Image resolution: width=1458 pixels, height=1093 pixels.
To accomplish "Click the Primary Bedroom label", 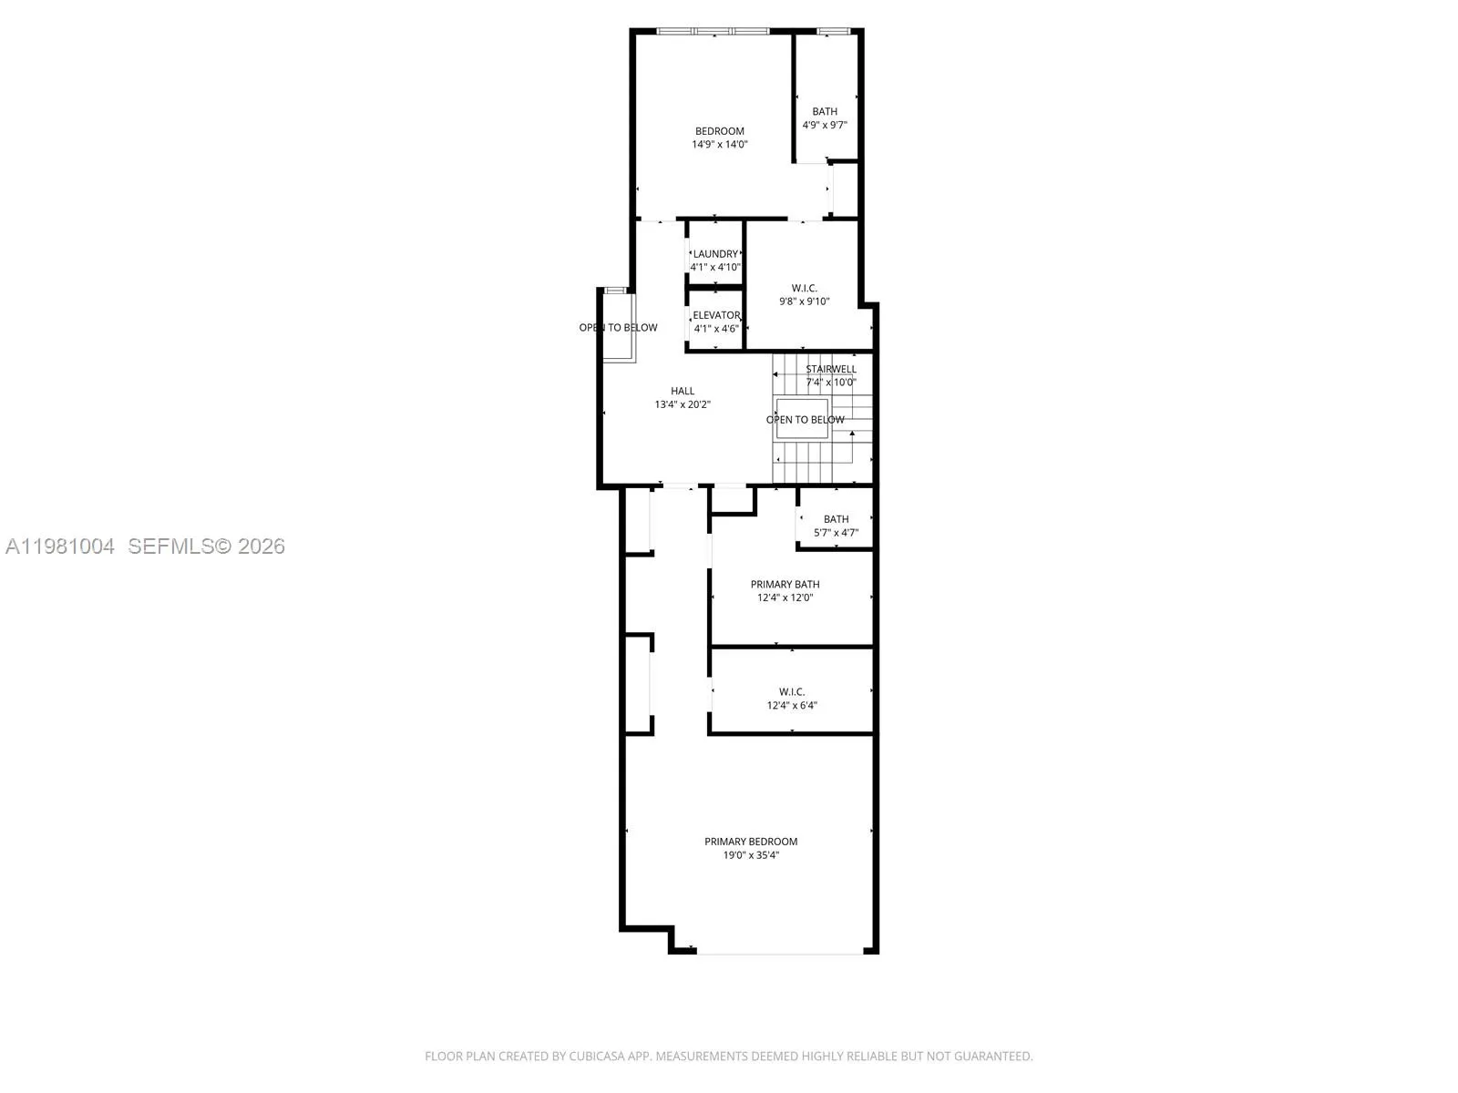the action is point(751,842).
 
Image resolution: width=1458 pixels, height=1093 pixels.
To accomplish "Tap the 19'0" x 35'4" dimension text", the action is point(751,855).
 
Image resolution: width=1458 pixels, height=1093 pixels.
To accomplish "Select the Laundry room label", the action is point(715,254).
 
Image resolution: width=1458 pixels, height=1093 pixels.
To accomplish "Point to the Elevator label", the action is point(716,315).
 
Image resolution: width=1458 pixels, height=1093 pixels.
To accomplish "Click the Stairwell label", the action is point(831,369).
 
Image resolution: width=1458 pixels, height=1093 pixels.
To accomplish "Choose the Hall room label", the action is point(683,392).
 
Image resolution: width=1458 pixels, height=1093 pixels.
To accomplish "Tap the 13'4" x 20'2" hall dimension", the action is point(683,404).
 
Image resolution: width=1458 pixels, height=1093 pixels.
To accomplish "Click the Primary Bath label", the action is point(785,585).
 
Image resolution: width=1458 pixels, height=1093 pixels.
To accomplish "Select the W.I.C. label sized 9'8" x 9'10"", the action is point(804,288).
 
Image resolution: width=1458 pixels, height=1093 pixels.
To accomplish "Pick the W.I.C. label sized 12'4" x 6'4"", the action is point(791,692).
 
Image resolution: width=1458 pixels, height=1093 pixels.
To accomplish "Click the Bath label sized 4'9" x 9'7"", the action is point(825,111).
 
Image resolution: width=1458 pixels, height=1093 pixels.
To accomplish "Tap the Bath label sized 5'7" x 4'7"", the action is point(836,519).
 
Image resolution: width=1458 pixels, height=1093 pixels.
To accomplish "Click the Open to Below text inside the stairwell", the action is point(805,420).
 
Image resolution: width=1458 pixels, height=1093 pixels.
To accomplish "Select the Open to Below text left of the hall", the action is point(618,328).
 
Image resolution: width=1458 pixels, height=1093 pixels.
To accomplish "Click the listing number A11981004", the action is point(60,546).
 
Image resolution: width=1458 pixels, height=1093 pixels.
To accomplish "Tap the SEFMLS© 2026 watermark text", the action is point(206,546).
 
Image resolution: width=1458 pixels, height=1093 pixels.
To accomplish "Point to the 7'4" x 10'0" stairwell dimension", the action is point(831,383).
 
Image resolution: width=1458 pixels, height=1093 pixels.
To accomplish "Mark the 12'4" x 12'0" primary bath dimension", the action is point(785,598).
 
